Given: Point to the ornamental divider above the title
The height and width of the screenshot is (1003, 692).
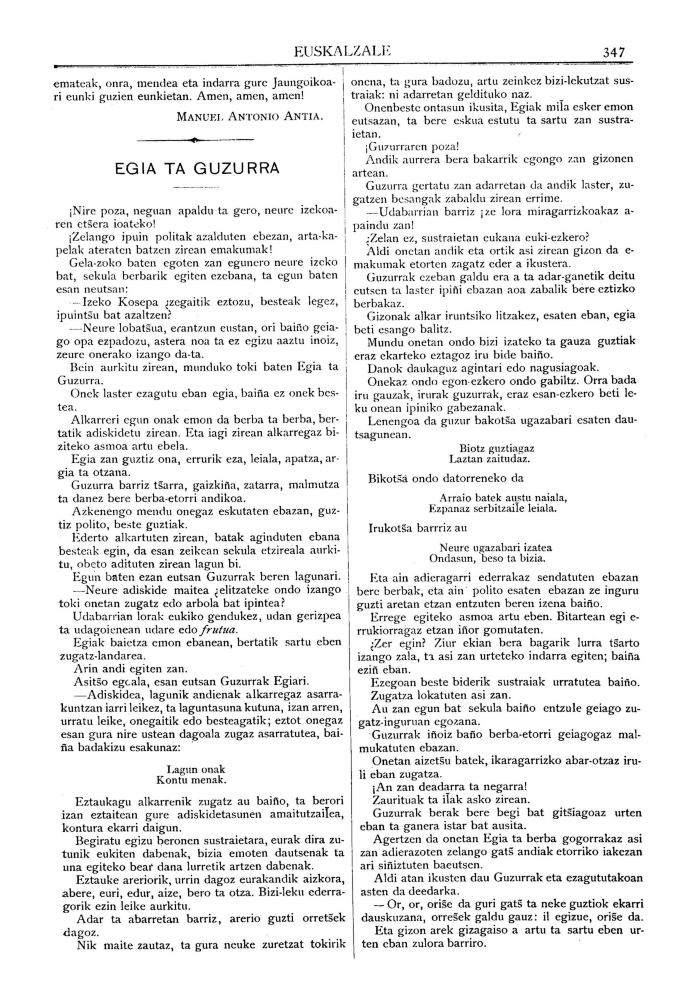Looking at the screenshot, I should click(x=195, y=140).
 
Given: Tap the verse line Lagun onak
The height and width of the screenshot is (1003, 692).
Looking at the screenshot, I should click(x=196, y=769).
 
